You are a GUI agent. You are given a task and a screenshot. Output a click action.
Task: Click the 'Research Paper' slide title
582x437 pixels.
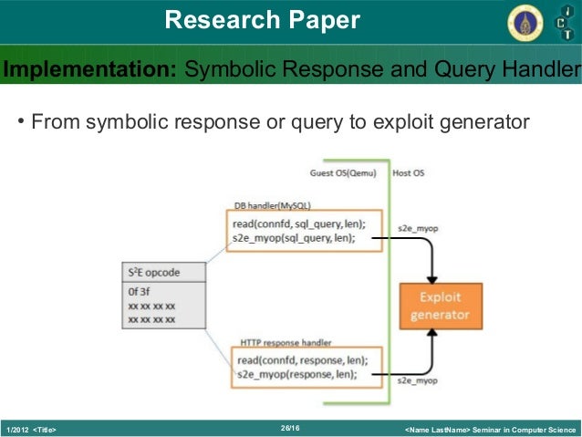263,20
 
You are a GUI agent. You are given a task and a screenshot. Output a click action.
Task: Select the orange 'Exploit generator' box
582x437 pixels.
441,307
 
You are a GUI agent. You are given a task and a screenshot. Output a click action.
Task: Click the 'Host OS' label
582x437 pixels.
408,172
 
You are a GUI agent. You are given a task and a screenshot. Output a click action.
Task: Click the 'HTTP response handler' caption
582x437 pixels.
283,342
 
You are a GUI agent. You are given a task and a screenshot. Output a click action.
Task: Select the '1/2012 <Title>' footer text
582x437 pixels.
32,429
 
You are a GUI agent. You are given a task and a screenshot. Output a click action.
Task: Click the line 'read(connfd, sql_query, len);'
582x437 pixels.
297,224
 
